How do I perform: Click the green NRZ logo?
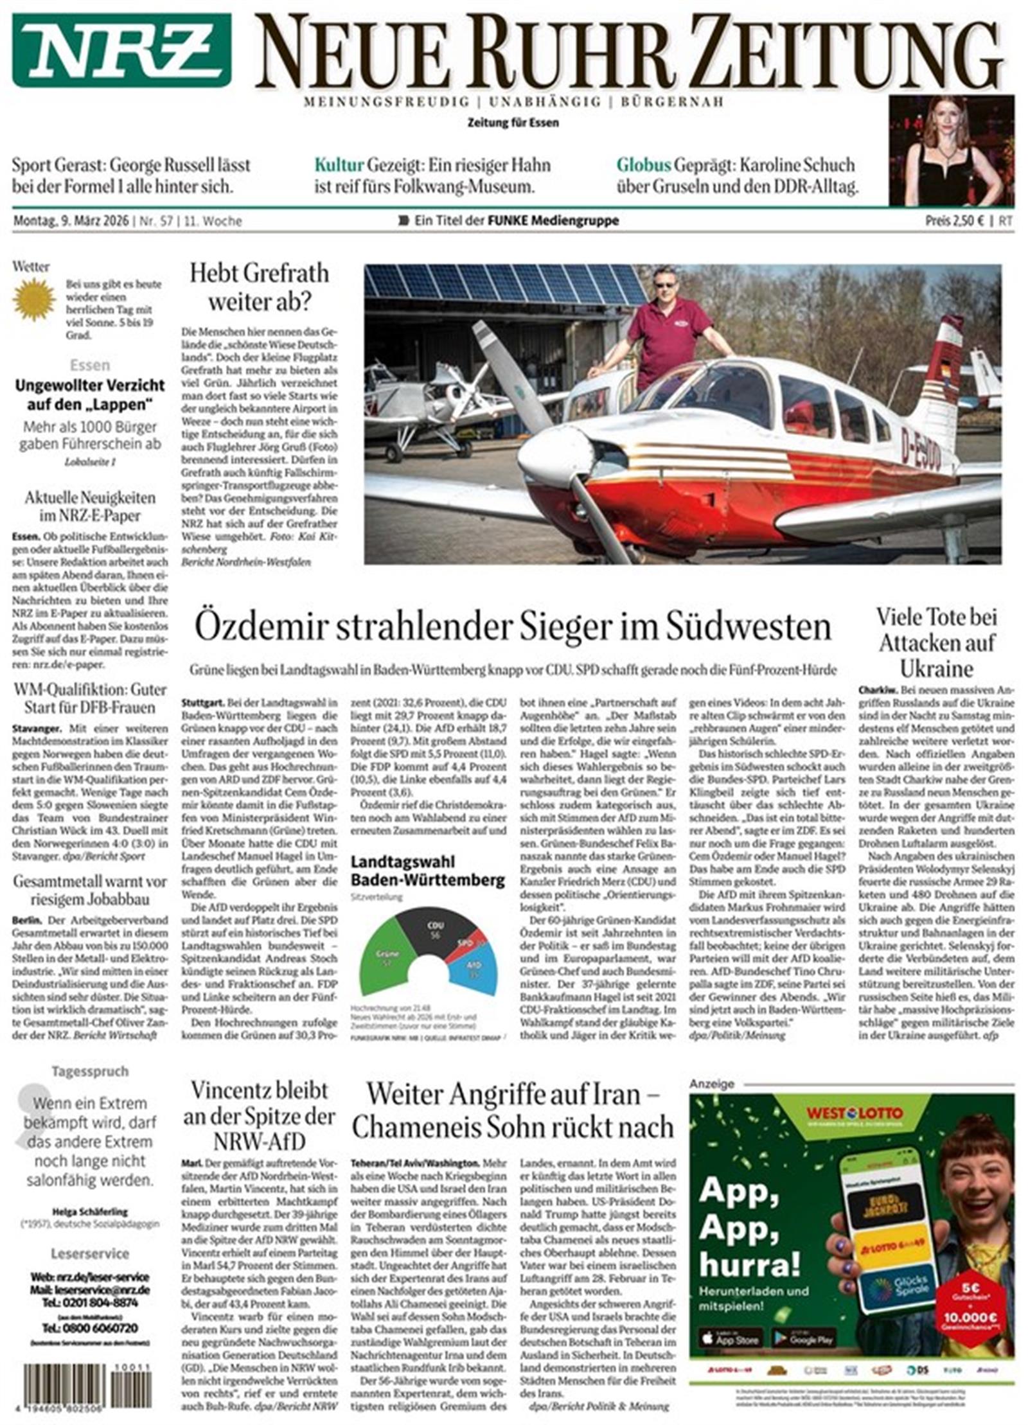tap(121, 49)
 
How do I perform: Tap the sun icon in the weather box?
tap(35, 299)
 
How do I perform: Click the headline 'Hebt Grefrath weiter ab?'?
tap(259, 287)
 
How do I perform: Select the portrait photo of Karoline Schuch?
tap(951, 150)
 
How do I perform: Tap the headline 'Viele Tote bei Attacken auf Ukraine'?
tap(937, 643)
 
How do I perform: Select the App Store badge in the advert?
tap(731, 1338)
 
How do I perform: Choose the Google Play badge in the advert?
tap(803, 1338)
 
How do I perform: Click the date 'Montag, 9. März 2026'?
tap(70, 221)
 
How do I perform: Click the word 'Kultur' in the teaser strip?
tap(339, 165)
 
